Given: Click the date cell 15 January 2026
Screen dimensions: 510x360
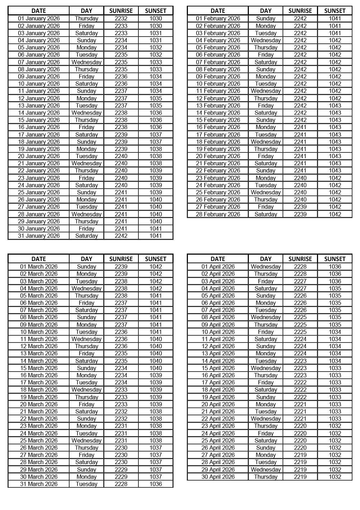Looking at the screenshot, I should point(39,120).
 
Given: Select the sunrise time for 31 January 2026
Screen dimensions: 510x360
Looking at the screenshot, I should point(121,236).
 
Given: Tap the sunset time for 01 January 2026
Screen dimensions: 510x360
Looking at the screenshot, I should point(156,18).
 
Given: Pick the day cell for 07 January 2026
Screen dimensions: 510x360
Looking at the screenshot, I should point(86,62).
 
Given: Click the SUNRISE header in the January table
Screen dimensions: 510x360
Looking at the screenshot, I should point(121,11).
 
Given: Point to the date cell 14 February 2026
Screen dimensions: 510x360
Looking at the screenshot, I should point(218,113).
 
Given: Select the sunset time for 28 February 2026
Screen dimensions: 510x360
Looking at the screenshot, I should point(335,214).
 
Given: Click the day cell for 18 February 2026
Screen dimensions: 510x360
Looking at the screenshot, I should point(266,142).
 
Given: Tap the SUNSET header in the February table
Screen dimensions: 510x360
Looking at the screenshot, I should point(335,11).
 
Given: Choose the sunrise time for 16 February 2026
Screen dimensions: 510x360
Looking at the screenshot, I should point(300,127).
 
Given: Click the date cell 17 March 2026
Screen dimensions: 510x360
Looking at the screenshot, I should point(39,382).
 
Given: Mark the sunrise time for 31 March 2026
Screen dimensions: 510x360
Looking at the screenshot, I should point(121,484).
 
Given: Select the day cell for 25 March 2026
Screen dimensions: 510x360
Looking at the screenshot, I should point(86,440).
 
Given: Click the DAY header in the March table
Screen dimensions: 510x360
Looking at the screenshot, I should point(86,259).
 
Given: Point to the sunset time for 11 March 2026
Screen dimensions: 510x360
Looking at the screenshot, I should point(156,339).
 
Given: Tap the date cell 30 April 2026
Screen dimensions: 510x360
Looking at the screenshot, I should point(218,477).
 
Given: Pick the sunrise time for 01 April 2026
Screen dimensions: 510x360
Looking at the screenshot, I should point(300,266).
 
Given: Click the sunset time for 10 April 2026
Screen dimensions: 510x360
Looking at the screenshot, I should point(335,332).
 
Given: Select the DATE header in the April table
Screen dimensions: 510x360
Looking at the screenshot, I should point(218,259).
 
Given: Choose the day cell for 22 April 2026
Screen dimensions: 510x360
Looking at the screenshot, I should point(266,419).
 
